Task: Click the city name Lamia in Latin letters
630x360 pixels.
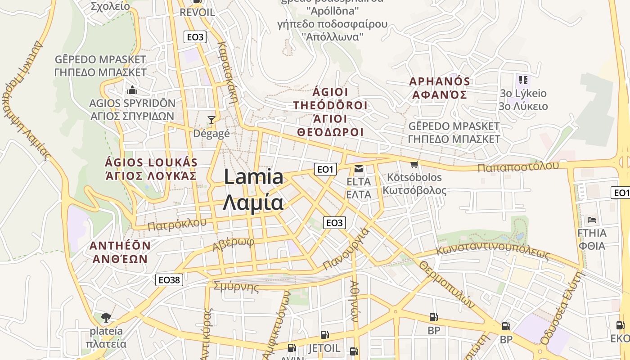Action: (x=253, y=177)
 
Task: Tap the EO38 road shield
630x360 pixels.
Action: (x=170, y=280)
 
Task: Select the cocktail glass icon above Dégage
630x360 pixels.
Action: (x=211, y=120)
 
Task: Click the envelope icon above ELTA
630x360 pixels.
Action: (x=359, y=169)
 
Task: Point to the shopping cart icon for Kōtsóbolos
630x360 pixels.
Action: (x=414, y=165)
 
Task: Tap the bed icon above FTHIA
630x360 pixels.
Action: (x=592, y=220)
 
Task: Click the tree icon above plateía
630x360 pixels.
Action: (x=106, y=318)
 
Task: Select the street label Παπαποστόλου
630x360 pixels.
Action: (x=518, y=167)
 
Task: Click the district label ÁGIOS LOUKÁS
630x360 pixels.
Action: (x=151, y=162)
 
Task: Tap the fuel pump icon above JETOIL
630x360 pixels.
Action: (x=324, y=335)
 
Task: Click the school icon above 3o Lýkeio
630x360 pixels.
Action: (x=523, y=80)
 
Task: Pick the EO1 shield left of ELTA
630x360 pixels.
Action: (x=325, y=169)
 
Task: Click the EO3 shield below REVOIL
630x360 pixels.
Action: (x=195, y=37)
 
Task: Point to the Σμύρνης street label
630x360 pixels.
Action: (x=236, y=287)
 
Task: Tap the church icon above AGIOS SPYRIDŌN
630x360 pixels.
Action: (x=132, y=90)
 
